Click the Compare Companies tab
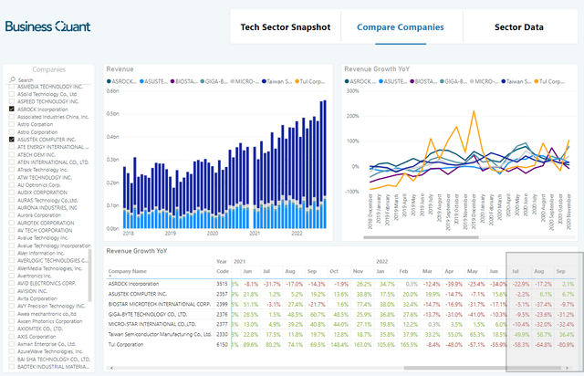(401, 27)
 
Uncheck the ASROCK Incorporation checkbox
(11, 109)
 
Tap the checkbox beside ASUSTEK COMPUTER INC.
(11, 139)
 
